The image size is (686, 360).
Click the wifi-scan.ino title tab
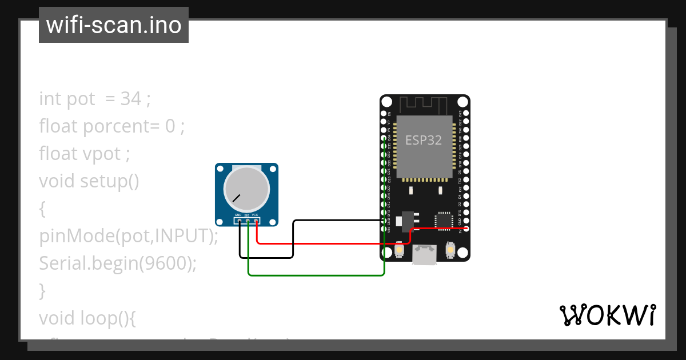[114, 25]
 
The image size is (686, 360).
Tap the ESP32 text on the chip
[424, 140]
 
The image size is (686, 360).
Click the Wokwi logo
[607, 315]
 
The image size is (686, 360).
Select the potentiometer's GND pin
[239, 220]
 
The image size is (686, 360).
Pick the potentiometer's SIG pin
[248, 220]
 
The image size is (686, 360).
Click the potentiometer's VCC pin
[256, 220]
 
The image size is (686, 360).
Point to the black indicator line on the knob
[236, 198]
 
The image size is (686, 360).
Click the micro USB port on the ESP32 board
[425, 254]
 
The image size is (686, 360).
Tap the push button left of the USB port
[400, 250]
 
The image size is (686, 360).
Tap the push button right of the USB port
[450, 250]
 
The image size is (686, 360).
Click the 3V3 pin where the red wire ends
[466, 229]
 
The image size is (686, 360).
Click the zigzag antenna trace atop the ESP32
[424, 105]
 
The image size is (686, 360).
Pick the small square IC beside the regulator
[444, 221]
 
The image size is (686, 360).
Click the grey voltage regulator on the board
[407, 221]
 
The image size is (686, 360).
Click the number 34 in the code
[131, 99]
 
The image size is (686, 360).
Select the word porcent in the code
[117, 126]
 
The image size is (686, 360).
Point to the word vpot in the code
[102, 154]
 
